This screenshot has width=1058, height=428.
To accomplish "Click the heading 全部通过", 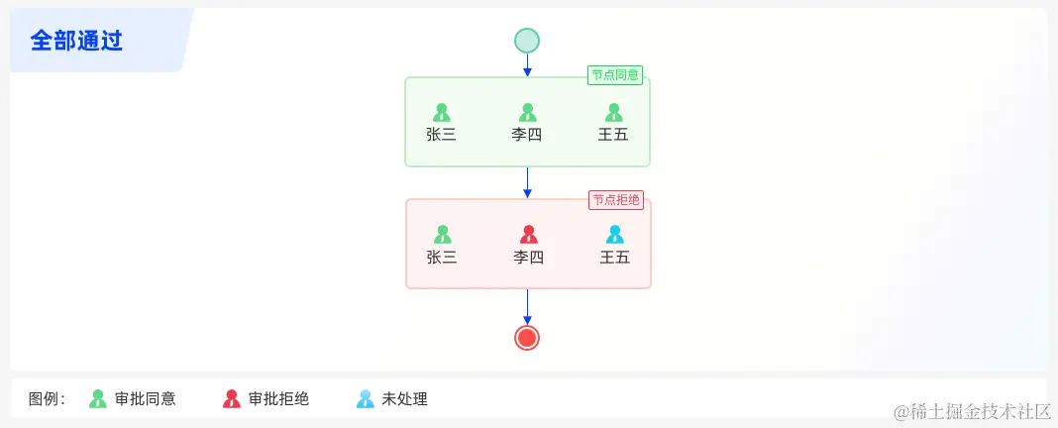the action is (x=76, y=41).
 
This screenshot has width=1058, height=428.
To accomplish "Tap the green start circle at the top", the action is (x=527, y=41).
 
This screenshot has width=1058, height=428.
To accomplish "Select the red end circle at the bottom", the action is (x=527, y=338).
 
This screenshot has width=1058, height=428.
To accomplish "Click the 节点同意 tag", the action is (x=615, y=75).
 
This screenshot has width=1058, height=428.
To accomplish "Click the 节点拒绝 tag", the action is (x=616, y=200).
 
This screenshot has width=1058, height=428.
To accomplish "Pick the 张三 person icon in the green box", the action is (x=442, y=113).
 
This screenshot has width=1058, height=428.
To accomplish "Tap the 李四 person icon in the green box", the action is (x=528, y=113).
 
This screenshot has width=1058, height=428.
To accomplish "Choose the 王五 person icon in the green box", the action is (x=613, y=113).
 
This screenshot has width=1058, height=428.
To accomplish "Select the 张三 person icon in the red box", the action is (x=443, y=235).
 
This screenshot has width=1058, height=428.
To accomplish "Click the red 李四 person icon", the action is (x=529, y=235).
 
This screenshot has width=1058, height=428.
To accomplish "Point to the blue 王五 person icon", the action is (x=614, y=235).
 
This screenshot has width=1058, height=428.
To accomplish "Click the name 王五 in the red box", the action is (x=614, y=258).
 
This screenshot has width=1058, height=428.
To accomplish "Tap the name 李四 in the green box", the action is (x=527, y=135).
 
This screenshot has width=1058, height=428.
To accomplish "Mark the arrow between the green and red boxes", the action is (x=527, y=182).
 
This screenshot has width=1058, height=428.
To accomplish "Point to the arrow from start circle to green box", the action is (x=527, y=65).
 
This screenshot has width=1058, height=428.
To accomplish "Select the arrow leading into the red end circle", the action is (x=527, y=307).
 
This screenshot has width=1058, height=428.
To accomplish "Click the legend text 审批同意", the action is (x=146, y=399).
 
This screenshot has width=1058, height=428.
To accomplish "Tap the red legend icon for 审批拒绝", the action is (x=232, y=399).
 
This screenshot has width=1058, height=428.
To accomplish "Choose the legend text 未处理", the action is (x=404, y=399).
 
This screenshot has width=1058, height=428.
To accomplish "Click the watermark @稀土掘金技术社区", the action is (x=972, y=410).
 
